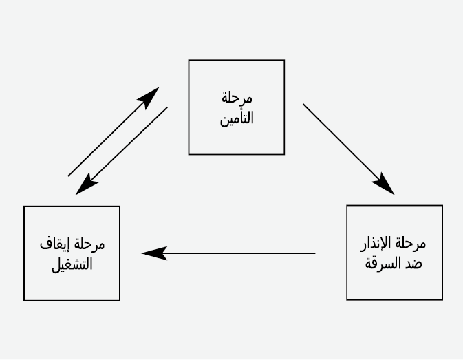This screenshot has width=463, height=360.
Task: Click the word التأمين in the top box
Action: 237,118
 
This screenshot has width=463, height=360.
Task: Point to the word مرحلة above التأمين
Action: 237,98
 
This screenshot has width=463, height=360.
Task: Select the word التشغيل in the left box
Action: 72,264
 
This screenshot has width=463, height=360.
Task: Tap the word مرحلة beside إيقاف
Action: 89,244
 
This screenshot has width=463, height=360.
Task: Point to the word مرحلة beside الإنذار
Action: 411,244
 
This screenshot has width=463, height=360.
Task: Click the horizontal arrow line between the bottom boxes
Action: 228,253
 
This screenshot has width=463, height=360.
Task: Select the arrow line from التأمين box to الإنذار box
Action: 349,149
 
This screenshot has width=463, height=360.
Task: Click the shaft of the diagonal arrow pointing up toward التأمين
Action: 114,131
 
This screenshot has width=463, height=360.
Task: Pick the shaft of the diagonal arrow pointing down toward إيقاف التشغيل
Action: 121,151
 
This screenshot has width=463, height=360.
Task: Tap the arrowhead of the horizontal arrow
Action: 154,253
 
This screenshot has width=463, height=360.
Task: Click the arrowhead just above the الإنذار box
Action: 385,185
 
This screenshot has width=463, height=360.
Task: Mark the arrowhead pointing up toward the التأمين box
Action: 149,97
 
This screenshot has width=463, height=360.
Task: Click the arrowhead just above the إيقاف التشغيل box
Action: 86,185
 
